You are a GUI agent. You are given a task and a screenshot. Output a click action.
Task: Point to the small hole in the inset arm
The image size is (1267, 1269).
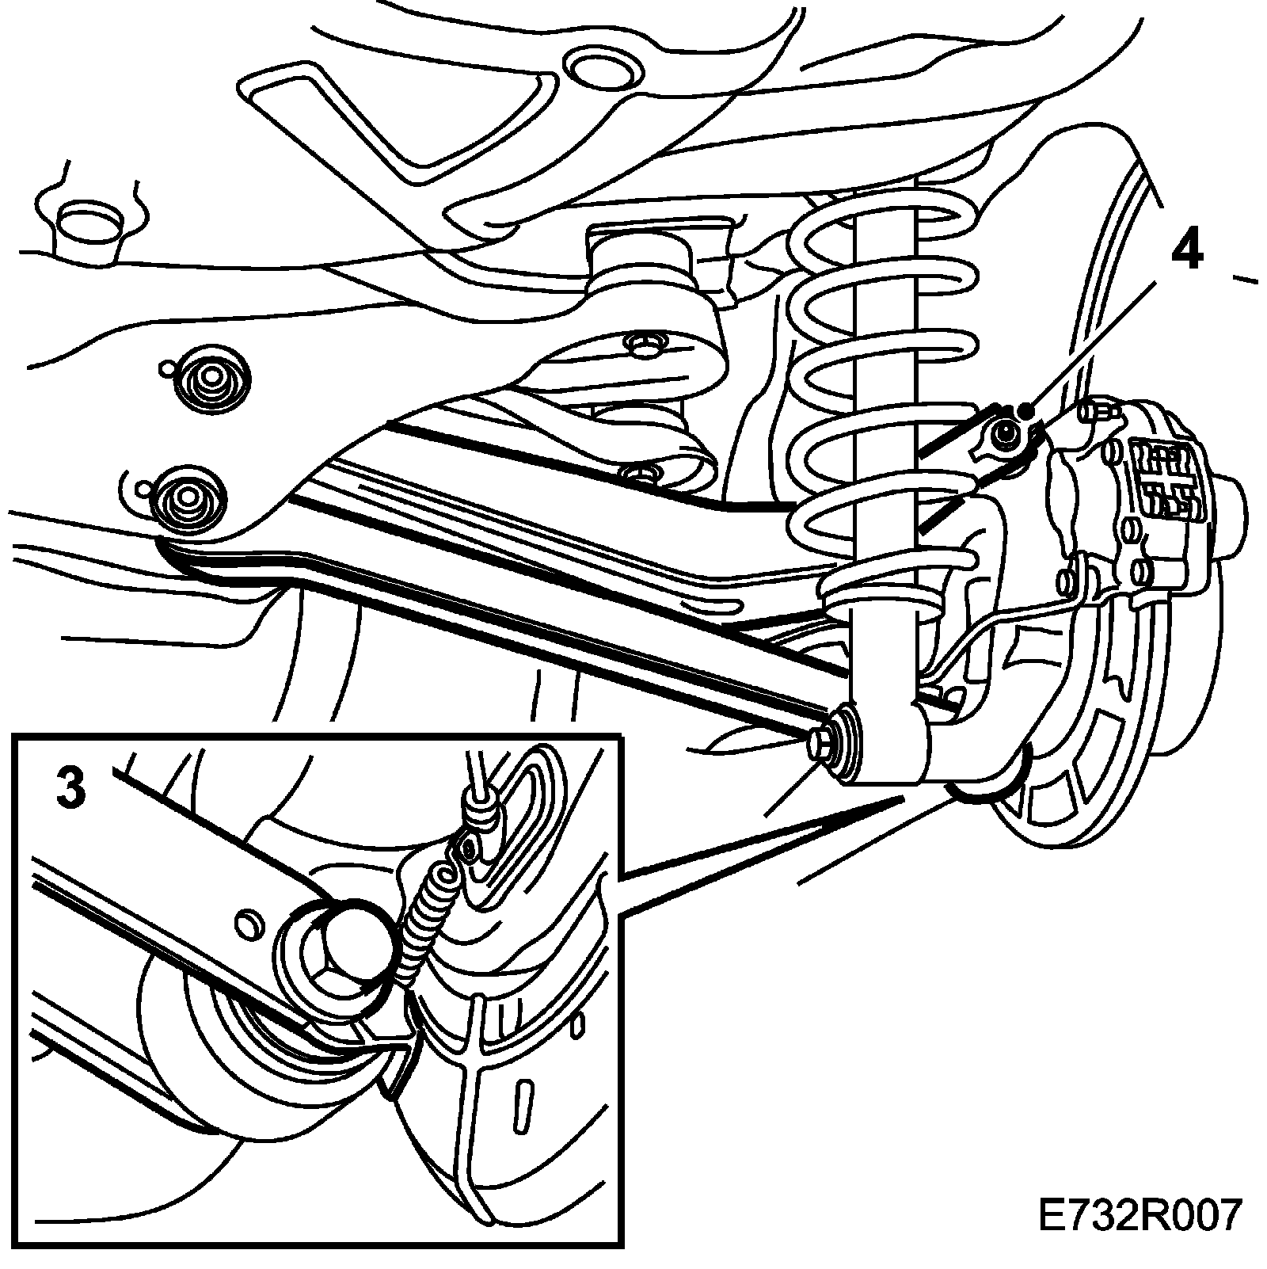point(248,921)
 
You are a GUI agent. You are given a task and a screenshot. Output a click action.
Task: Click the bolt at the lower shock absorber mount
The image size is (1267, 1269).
point(820,744)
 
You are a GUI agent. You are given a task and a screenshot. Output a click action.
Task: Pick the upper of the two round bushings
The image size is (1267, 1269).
point(209,380)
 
